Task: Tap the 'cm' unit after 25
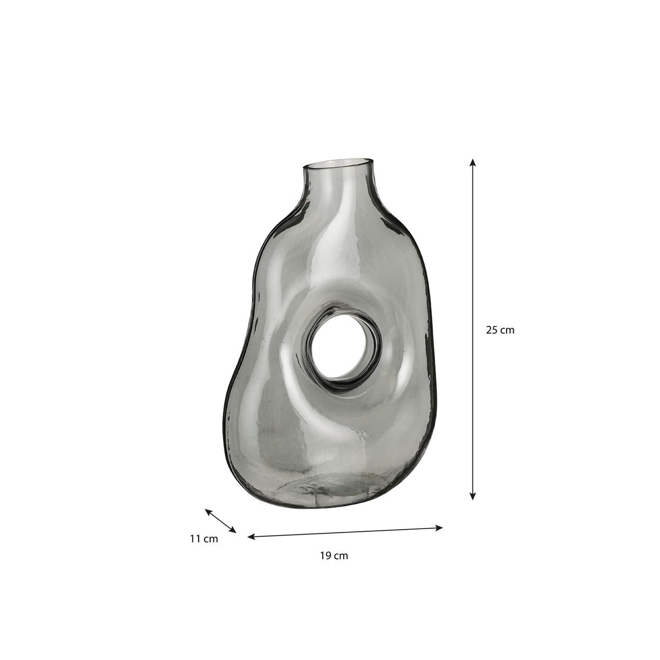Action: coord(507,331)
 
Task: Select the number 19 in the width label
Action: coord(326,555)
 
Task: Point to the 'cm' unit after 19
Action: coord(341,555)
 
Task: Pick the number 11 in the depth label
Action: coord(195,539)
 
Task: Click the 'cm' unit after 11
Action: coord(211,539)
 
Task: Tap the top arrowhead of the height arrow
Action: coord(472,163)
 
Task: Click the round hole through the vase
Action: coord(341,349)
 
